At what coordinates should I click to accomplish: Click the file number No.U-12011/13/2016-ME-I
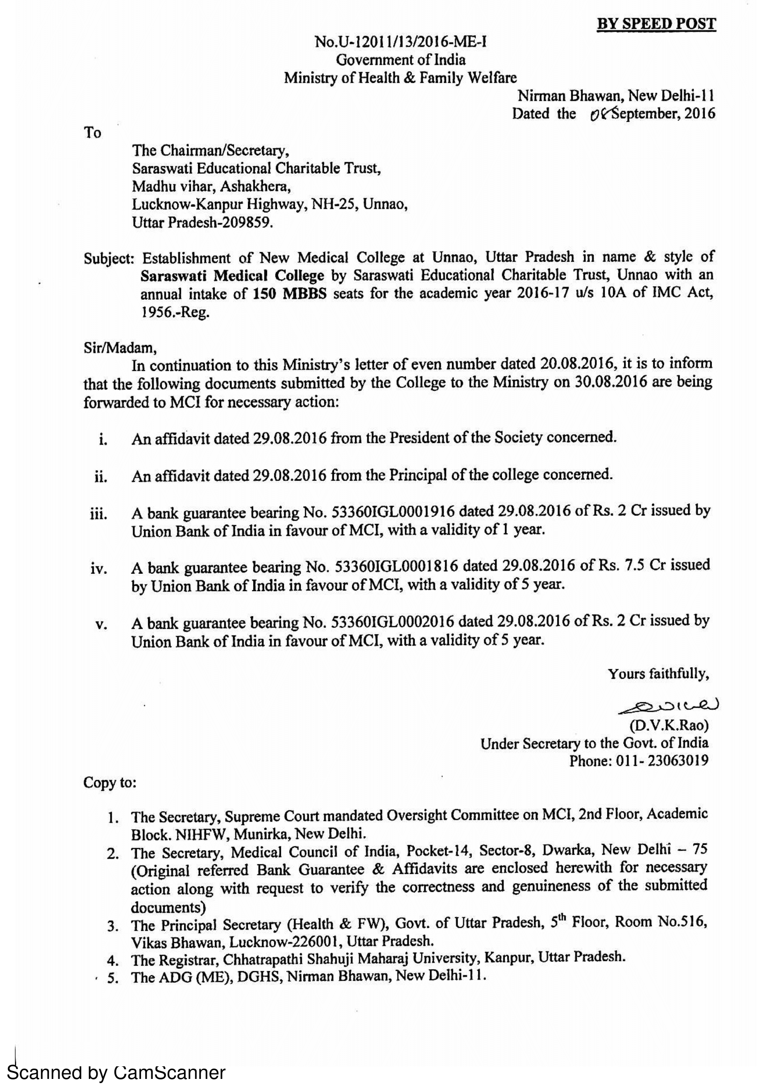click(401, 42)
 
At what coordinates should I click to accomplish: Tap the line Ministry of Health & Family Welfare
click(400, 77)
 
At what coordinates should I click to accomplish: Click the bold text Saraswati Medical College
click(232, 275)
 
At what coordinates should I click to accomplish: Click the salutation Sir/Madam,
click(120, 348)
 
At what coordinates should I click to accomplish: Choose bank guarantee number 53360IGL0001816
click(396, 566)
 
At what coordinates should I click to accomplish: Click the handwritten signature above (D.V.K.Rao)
click(668, 706)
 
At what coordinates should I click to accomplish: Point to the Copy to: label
click(110, 782)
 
